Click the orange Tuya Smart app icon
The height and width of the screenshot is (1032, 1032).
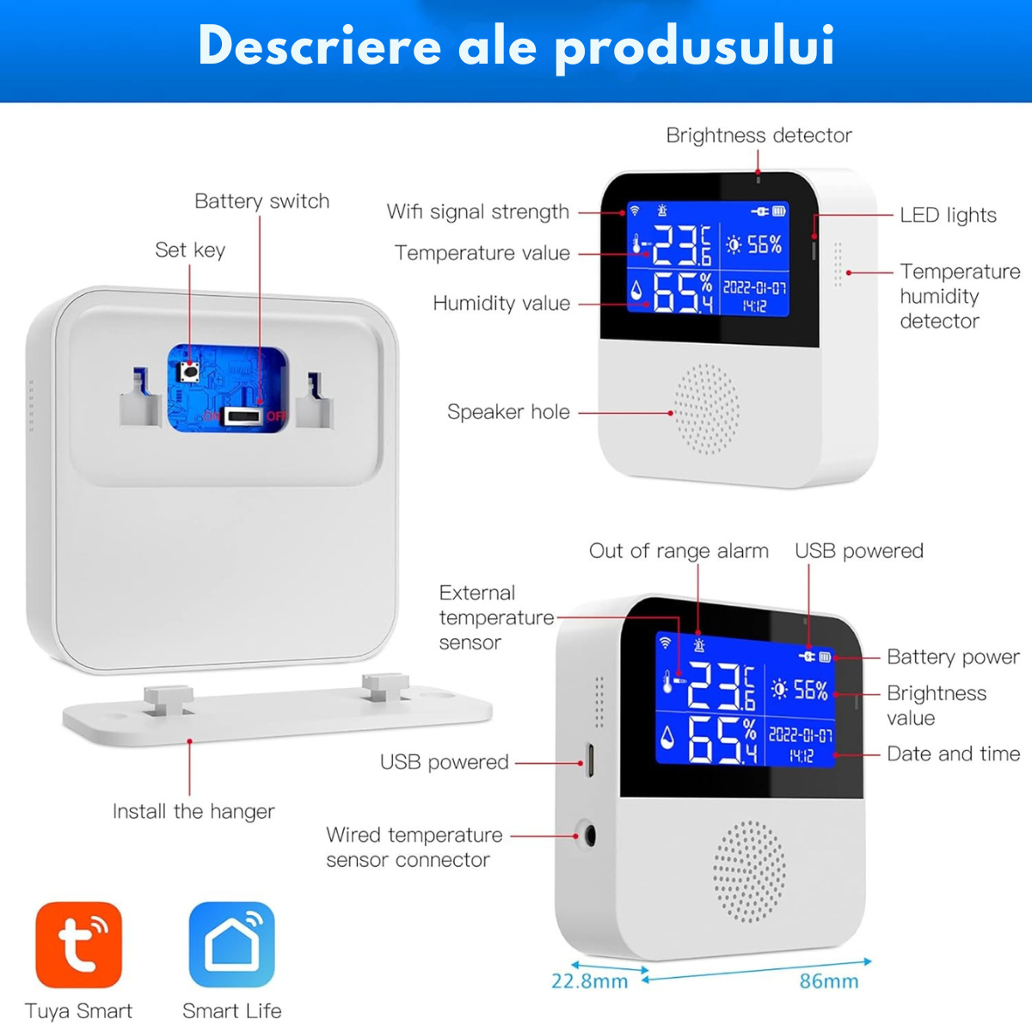tap(79, 944)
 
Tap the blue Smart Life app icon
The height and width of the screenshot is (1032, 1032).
tap(232, 944)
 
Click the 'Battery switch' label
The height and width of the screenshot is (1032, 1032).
tap(262, 201)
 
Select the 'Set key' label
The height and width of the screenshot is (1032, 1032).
tap(190, 250)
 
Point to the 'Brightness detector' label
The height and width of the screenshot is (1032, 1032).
tap(759, 136)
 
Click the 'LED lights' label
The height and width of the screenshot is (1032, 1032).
tap(948, 215)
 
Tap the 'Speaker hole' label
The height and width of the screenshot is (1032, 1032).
tap(508, 412)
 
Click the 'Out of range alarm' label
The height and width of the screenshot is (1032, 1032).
tap(679, 551)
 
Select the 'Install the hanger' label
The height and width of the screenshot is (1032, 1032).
tap(193, 811)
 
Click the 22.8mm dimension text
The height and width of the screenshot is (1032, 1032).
tap(590, 981)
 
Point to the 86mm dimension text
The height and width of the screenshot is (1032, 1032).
tap(829, 981)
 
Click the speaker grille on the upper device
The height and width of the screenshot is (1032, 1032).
tap(707, 409)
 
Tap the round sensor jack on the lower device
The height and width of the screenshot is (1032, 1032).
tap(590, 836)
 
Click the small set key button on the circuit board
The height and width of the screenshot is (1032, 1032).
tap(189, 372)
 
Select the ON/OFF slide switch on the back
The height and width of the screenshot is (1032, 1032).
tap(243, 416)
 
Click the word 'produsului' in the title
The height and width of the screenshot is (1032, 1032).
tap(694, 46)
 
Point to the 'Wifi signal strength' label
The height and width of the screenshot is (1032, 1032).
tap(477, 212)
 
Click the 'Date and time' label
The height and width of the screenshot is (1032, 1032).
tap(953, 754)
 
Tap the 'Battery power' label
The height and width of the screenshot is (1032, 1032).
tap(953, 657)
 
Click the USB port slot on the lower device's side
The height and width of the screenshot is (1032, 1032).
tap(590, 760)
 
